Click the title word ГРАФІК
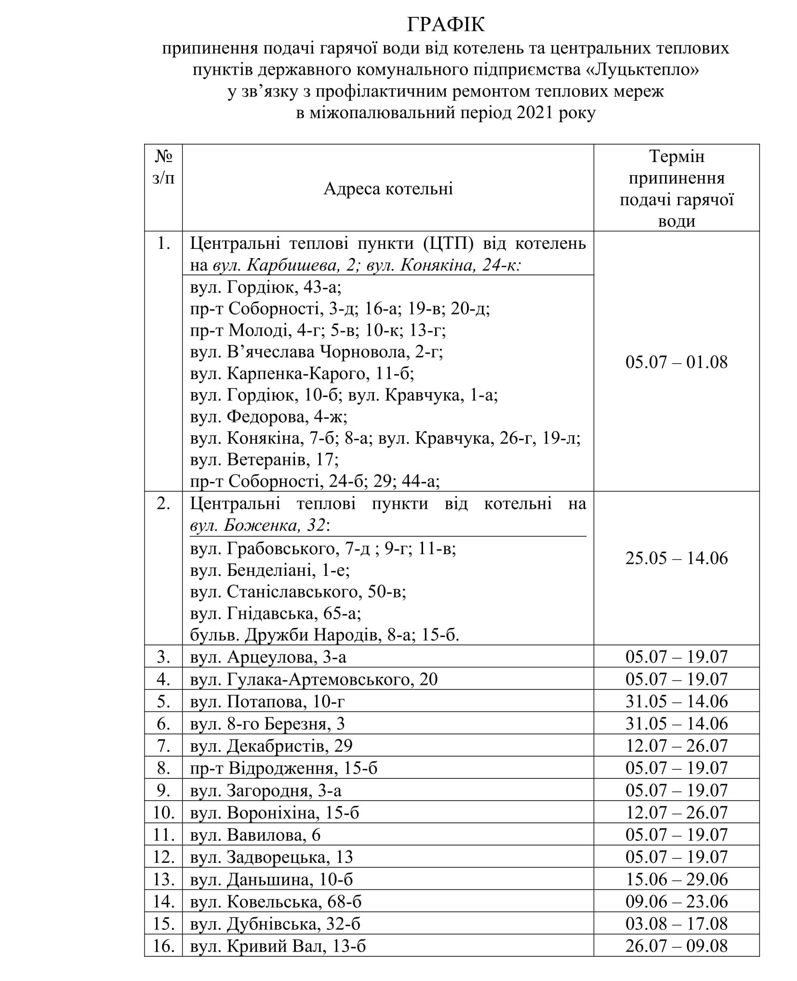point(446,25)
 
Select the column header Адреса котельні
point(388,189)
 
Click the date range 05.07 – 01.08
point(676,362)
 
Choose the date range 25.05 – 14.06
point(676,558)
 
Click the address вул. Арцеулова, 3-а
point(268,657)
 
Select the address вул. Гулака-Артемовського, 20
point(314,679)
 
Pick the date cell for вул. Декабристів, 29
point(676,746)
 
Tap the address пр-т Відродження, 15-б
point(284,768)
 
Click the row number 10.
point(163,813)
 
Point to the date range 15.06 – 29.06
point(676,879)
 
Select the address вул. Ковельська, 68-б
point(276,901)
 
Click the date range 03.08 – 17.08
point(676,924)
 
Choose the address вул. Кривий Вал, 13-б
point(278,946)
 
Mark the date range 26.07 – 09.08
point(676,946)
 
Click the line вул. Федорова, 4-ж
point(268,416)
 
